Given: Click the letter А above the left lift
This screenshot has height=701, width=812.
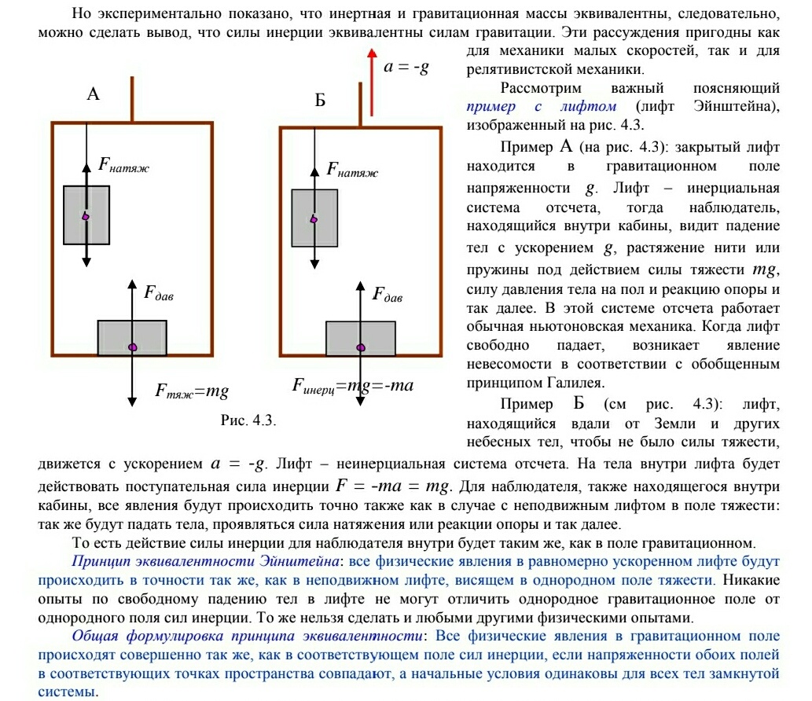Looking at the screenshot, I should (x=93, y=95).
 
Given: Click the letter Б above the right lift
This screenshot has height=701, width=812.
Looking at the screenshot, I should (x=320, y=101).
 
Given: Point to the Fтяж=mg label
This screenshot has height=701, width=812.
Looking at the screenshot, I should (x=192, y=390).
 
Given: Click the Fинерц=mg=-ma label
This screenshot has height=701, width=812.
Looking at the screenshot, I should (x=352, y=385).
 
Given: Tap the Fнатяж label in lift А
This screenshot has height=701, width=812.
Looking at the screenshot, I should (x=123, y=164).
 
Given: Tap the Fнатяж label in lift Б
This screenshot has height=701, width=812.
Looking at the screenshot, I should (x=351, y=169).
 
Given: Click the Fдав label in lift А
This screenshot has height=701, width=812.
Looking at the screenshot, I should (x=158, y=294).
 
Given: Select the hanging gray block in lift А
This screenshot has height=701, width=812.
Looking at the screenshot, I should (x=86, y=215).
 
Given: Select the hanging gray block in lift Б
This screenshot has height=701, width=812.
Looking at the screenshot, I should (x=314, y=218).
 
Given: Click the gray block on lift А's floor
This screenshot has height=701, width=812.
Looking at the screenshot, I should (x=132, y=338).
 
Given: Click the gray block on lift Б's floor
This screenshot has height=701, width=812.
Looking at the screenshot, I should (x=360, y=339).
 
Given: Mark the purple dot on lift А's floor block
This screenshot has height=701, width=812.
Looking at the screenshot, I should (x=133, y=346).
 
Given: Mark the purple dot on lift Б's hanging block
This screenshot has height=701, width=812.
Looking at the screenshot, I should (x=314, y=219).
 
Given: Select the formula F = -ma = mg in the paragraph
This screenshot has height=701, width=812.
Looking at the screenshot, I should (x=391, y=486).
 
